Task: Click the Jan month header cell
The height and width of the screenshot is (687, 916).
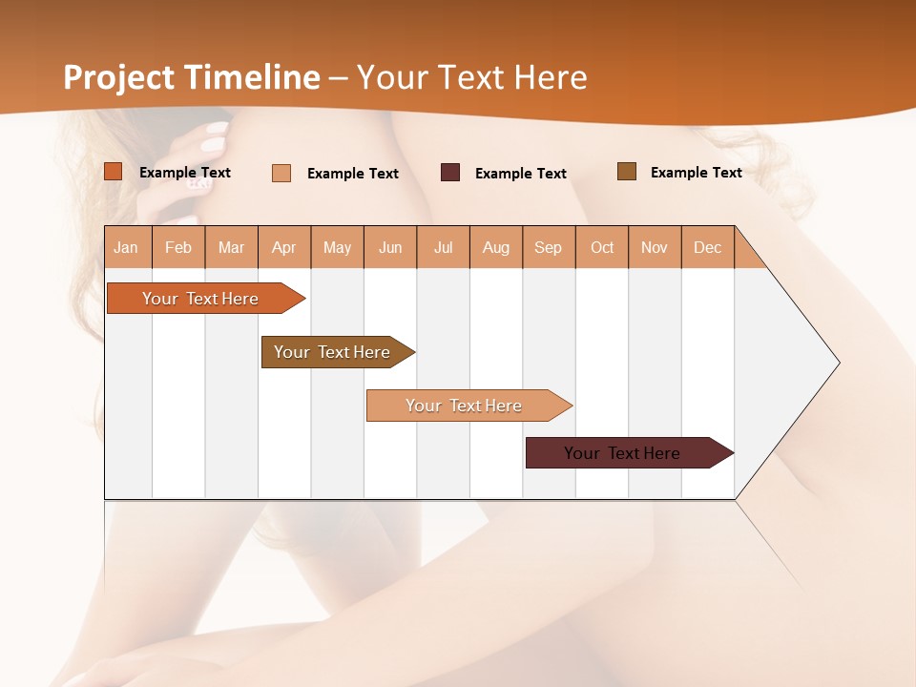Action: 127,247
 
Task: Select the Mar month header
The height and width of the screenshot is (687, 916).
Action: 231,247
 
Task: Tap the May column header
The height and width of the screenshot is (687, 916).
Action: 337,247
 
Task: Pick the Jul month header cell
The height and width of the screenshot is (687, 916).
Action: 443,247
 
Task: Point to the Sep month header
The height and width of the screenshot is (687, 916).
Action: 548,247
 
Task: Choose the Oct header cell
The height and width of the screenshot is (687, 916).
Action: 602,247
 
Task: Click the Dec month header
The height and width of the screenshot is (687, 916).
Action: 707,247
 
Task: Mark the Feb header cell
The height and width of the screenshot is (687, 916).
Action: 178,247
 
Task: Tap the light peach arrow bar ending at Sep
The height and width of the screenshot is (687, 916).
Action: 465,406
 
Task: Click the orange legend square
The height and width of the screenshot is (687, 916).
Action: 114,172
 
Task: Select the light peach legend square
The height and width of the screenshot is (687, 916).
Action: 281,173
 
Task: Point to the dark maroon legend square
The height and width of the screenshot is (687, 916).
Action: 450,173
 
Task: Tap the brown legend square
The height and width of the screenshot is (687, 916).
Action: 627,172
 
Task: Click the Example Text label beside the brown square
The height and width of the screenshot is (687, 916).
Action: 696,173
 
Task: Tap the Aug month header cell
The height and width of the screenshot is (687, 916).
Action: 495,247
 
